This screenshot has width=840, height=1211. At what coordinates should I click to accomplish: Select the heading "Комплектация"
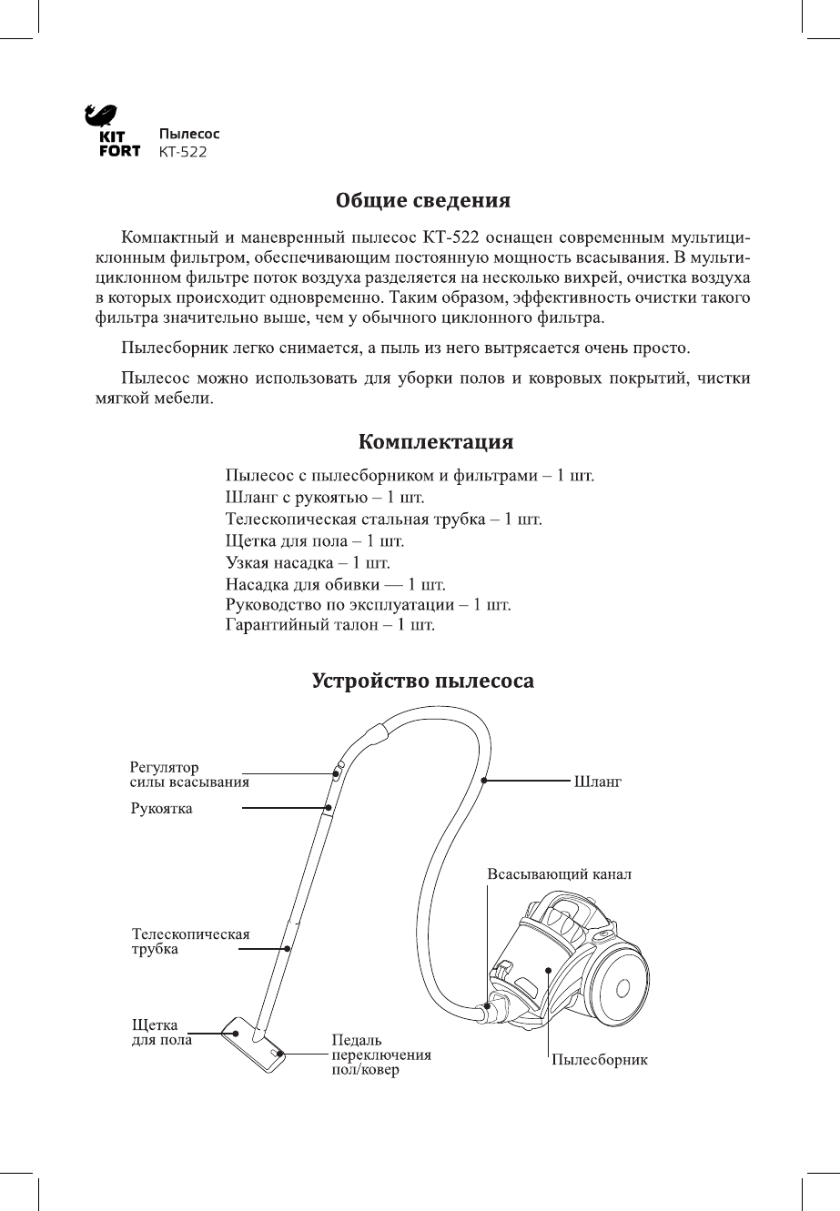click(436, 443)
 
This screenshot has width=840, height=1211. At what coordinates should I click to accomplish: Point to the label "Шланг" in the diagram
click(596, 781)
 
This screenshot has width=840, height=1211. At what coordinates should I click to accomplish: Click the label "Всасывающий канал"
click(559, 873)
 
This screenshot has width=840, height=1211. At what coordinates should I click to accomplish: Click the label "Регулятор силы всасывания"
click(187, 774)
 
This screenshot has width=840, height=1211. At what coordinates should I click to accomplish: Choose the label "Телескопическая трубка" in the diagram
click(190, 941)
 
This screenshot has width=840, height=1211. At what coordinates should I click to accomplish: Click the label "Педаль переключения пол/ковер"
click(380, 1055)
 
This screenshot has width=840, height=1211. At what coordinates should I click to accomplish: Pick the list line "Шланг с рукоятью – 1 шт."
click(324, 500)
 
